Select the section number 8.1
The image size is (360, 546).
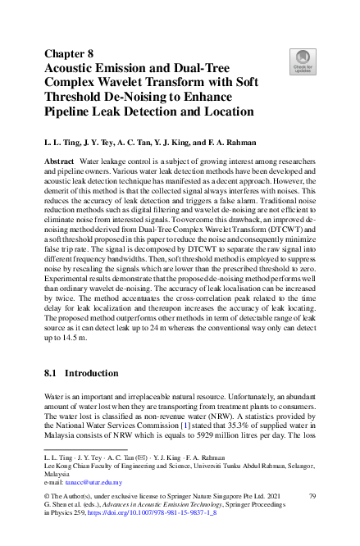(53, 373)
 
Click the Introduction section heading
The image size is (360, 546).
(92, 373)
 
